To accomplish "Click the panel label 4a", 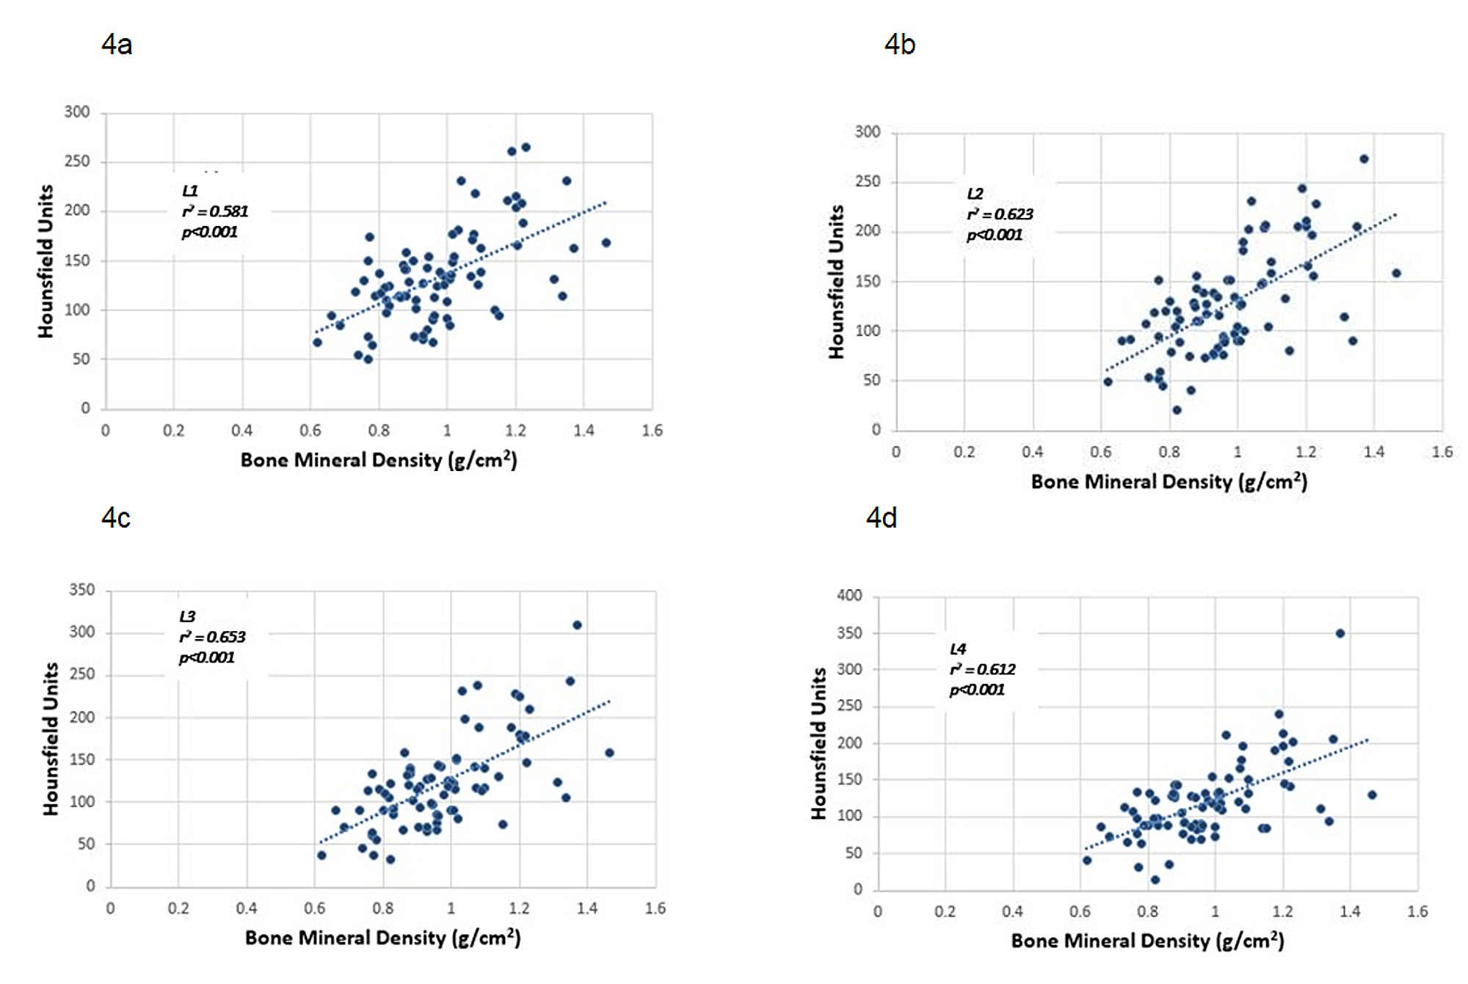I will [117, 45].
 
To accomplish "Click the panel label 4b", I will [900, 45].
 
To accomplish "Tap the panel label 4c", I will [116, 518].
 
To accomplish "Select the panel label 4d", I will [882, 518].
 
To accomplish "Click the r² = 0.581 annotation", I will [215, 211].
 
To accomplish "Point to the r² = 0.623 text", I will [1000, 214].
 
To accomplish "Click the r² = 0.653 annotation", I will [212, 637].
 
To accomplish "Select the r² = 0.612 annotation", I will [982, 669].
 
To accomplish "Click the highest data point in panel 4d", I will [1340, 633].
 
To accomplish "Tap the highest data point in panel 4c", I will [577, 625].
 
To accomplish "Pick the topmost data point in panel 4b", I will [1364, 159].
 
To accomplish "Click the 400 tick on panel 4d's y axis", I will [849, 596].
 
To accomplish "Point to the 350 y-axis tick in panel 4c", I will [82, 590].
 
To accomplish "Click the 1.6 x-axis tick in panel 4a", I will [652, 431].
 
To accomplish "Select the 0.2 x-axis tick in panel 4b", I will [964, 452].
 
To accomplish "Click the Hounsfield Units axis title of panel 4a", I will [46, 261].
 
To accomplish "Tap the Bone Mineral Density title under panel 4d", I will [1147, 941].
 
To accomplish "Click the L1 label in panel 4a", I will [190, 191].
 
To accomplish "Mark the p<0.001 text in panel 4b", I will [995, 235].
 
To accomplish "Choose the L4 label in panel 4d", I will [958, 649].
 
